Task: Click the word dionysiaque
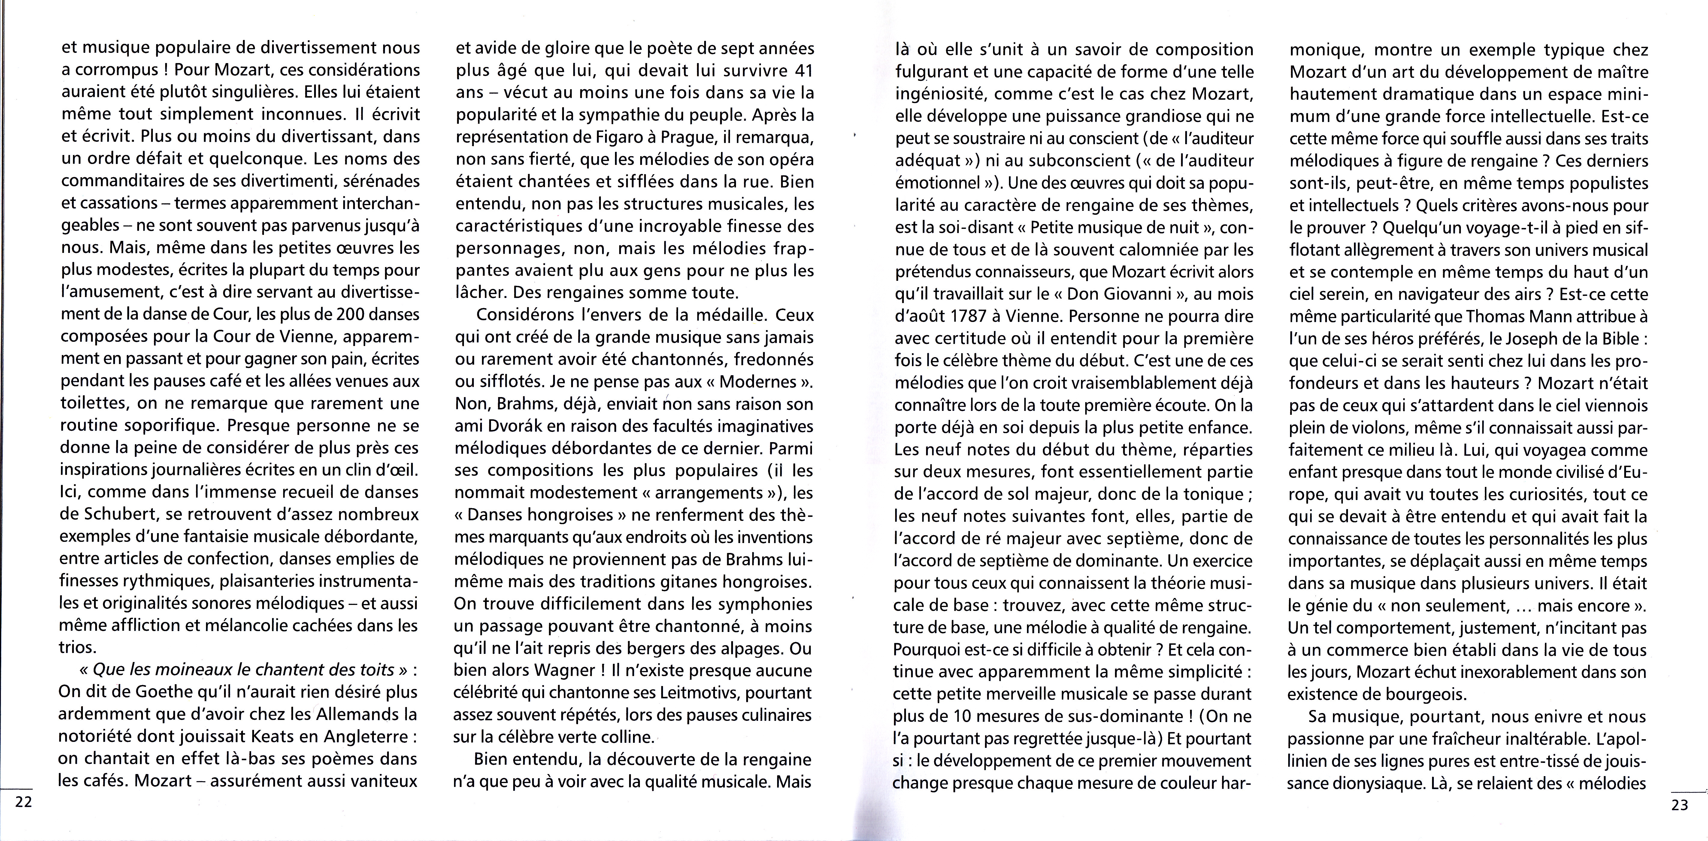[1389, 783]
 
